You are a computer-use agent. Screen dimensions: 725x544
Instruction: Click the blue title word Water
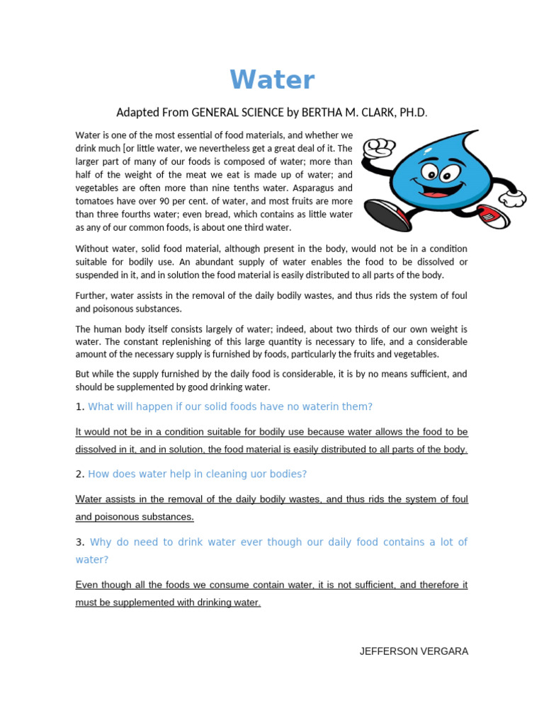pos(272,80)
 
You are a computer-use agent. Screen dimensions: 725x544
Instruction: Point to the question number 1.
pos(79,406)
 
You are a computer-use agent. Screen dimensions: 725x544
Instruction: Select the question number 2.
pos(79,474)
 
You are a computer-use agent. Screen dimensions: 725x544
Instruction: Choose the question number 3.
pos(79,542)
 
